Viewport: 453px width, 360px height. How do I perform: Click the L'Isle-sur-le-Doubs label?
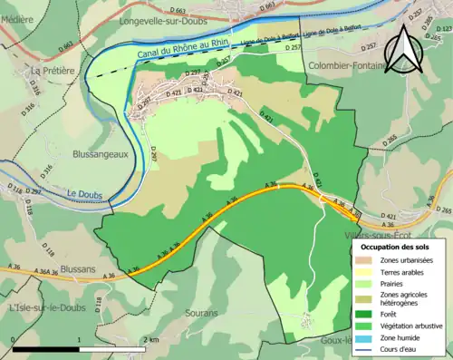tap(46, 307)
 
